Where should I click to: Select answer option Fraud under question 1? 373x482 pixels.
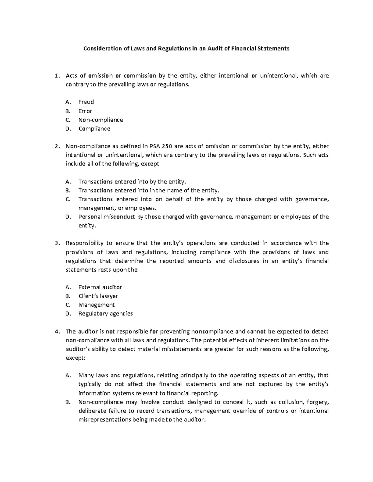[x=86, y=102]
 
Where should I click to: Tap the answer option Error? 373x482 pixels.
[x=85, y=111]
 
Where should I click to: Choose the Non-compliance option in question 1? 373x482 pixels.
[x=101, y=120]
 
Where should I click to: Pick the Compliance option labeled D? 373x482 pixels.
[x=94, y=128]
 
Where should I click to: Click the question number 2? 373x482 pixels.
[x=56, y=146]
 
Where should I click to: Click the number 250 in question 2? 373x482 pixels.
[x=169, y=146]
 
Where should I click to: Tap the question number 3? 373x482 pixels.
[x=56, y=243]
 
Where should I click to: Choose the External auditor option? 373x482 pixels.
[x=100, y=287]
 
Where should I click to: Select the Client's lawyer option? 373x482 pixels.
[x=98, y=296]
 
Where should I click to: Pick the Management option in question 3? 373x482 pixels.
[x=96, y=305]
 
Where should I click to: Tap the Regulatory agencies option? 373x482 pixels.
[x=105, y=313]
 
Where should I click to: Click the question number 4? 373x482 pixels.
[x=56, y=331]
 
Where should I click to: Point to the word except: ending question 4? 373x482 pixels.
[x=75, y=358]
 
